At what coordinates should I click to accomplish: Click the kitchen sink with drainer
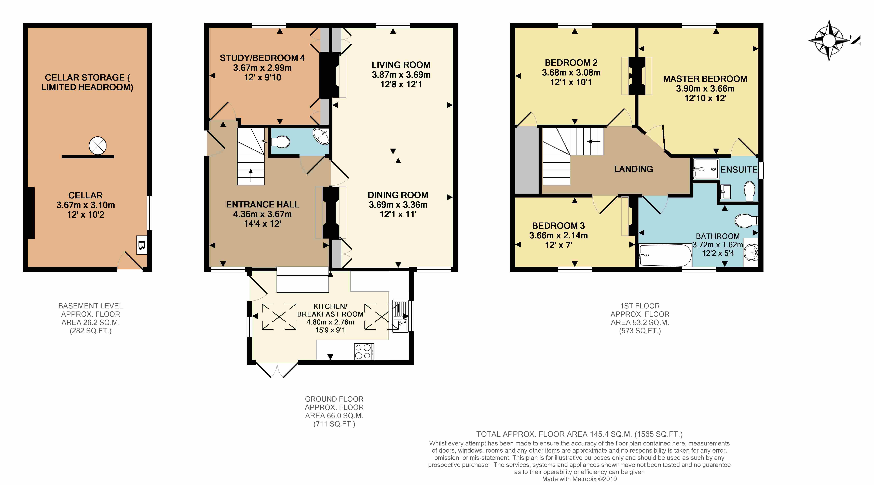400,316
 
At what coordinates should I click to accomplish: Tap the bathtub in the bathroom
665,255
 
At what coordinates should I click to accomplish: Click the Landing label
633,169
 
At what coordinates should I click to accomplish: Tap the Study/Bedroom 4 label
262,58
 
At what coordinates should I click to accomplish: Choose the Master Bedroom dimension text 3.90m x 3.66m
705,89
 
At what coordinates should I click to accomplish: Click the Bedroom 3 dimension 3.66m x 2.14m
558,235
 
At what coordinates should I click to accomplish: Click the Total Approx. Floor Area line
579,434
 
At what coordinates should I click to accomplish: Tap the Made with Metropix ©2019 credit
579,479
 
